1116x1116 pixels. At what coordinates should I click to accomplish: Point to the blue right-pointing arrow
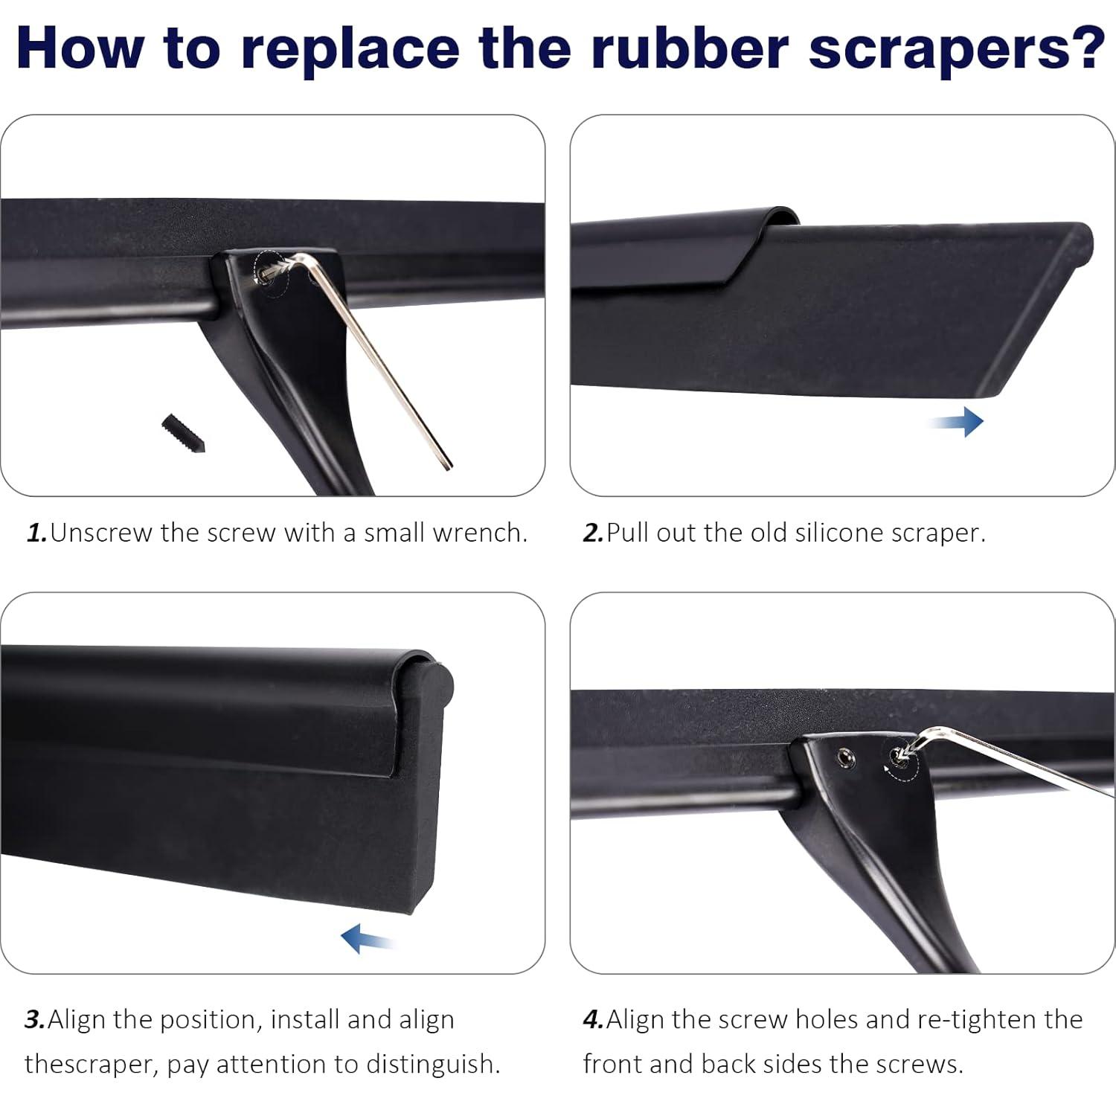957,422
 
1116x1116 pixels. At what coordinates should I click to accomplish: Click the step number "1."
36,533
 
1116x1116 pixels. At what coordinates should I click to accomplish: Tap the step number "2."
593,533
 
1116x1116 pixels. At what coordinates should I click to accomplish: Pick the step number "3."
35,1019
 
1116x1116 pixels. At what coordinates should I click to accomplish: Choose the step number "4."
593,1019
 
